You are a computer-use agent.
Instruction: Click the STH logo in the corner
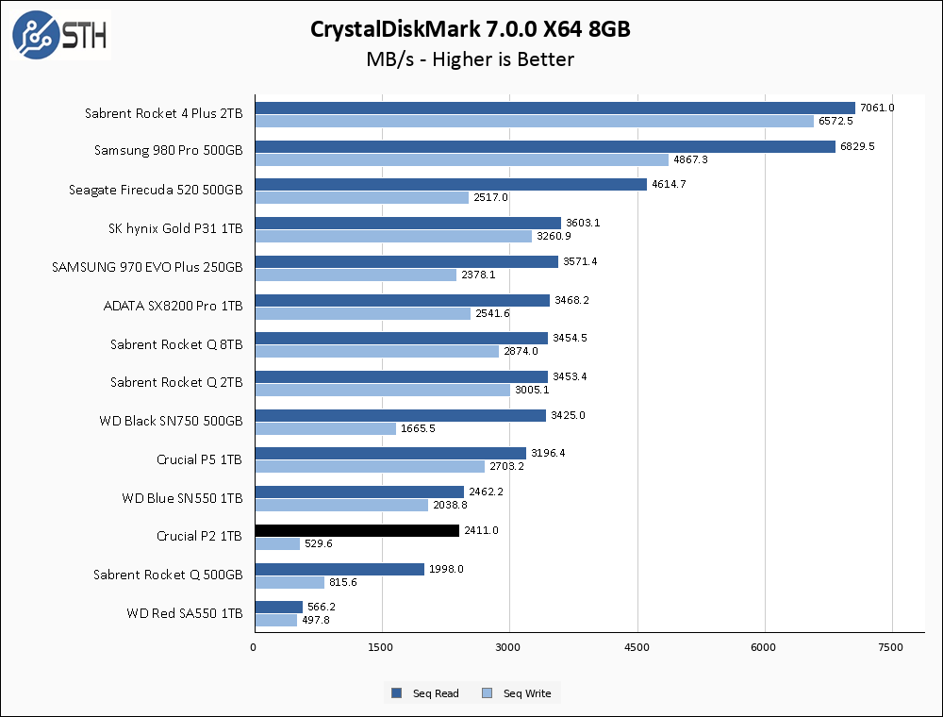coord(60,35)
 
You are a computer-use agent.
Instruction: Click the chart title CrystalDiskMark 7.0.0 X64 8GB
coord(471,29)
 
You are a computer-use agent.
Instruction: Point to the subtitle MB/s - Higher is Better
coord(471,59)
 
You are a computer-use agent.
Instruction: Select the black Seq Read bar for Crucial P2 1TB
coord(356,531)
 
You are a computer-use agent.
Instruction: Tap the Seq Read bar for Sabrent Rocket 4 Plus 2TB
coord(554,108)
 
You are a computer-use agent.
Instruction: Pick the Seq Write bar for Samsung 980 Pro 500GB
coord(461,159)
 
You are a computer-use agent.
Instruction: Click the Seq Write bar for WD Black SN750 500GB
coord(325,428)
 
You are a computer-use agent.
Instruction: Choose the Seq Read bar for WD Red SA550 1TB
coord(278,608)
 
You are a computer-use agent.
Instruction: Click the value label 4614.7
coord(668,184)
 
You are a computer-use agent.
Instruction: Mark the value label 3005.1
coord(533,390)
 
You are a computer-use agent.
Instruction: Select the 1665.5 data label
coord(419,428)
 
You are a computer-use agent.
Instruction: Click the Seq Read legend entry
coord(425,693)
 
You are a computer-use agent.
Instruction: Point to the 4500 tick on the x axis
coord(637,647)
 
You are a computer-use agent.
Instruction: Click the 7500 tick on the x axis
coord(891,647)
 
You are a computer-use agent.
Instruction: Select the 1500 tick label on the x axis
coord(382,647)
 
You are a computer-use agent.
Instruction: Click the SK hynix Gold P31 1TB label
coord(175,228)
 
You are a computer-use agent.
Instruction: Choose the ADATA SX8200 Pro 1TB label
coord(173,306)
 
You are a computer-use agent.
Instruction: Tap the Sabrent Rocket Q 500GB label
coord(168,575)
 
